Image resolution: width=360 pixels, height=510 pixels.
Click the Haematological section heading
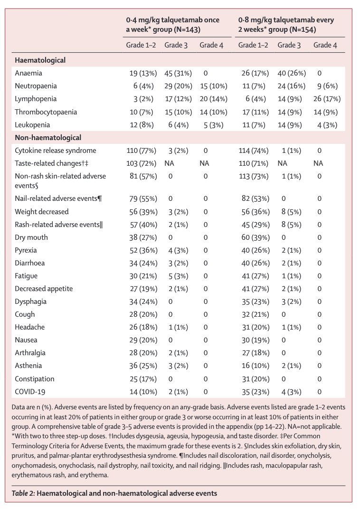click(x=40, y=60)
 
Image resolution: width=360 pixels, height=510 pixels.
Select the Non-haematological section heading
click(x=48, y=138)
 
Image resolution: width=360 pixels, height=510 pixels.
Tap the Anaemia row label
click(x=28, y=73)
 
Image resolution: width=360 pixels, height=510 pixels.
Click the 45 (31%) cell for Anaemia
click(x=178, y=73)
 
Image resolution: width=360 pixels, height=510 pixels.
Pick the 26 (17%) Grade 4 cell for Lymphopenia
click(x=327, y=99)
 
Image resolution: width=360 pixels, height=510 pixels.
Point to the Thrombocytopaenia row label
click(x=46, y=112)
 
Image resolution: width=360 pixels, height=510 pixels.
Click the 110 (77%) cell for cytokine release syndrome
click(x=141, y=151)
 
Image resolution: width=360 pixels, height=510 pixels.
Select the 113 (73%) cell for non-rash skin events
click(x=253, y=176)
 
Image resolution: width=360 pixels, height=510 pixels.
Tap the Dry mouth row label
click(x=31, y=237)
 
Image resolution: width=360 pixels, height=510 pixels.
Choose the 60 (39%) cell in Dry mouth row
click(x=256, y=237)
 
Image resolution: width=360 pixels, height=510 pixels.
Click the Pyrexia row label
click(x=26, y=250)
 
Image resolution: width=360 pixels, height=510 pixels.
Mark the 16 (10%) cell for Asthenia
click(x=256, y=366)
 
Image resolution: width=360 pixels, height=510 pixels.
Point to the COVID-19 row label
click(x=30, y=392)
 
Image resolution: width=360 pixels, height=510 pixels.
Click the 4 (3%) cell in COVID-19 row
click(x=291, y=392)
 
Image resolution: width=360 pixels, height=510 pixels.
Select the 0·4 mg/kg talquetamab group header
click(x=173, y=25)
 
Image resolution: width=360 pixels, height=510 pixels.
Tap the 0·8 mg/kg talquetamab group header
click(x=286, y=25)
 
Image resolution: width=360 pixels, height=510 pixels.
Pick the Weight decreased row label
click(x=42, y=212)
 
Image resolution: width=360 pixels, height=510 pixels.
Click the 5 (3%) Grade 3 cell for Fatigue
click(x=178, y=276)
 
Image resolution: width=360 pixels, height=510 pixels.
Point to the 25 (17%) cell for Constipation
click(x=143, y=379)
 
